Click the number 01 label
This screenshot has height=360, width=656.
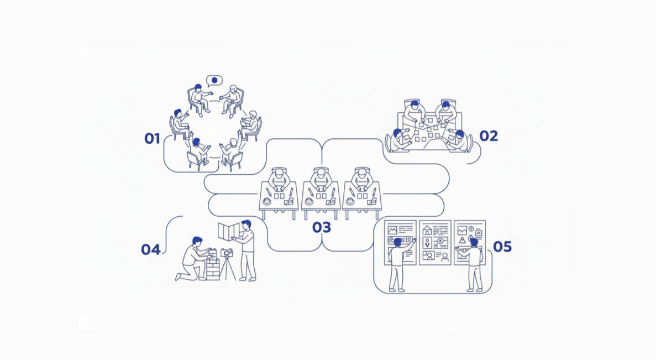click(x=153, y=139)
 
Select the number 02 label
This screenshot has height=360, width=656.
click(x=489, y=136)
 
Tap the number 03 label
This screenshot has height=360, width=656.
click(x=321, y=227)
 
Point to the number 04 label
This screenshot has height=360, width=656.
click(x=151, y=250)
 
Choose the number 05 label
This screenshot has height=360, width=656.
click(x=502, y=247)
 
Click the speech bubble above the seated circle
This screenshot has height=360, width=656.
click(x=214, y=80)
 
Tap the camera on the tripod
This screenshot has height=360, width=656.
click(x=227, y=252)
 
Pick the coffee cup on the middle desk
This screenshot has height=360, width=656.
click(x=309, y=201)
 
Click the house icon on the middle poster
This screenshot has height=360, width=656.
click(x=427, y=230)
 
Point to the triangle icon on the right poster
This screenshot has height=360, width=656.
click(x=463, y=241)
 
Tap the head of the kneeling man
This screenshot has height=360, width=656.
click(x=197, y=242)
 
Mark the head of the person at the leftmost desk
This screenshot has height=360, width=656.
click(x=279, y=173)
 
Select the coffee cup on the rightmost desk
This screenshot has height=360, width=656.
click(x=350, y=201)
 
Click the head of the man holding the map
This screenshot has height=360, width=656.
click(x=246, y=225)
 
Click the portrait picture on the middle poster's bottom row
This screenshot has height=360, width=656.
click(x=428, y=255)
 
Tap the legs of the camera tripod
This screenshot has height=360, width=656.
click(x=227, y=269)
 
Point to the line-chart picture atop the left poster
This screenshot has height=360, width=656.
click(x=392, y=230)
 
